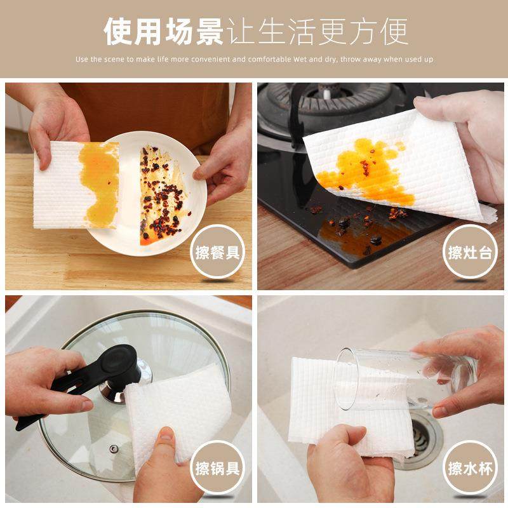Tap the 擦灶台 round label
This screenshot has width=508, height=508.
(469, 253)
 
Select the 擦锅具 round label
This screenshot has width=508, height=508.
(218, 469)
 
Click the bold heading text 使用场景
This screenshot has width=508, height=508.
(163, 32)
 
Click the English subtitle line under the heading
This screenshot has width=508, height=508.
(254, 60)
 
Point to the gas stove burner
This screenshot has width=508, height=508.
(330, 105)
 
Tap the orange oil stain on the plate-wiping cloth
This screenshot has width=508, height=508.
(98, 181)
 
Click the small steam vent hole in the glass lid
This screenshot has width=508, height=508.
(114, 448)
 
